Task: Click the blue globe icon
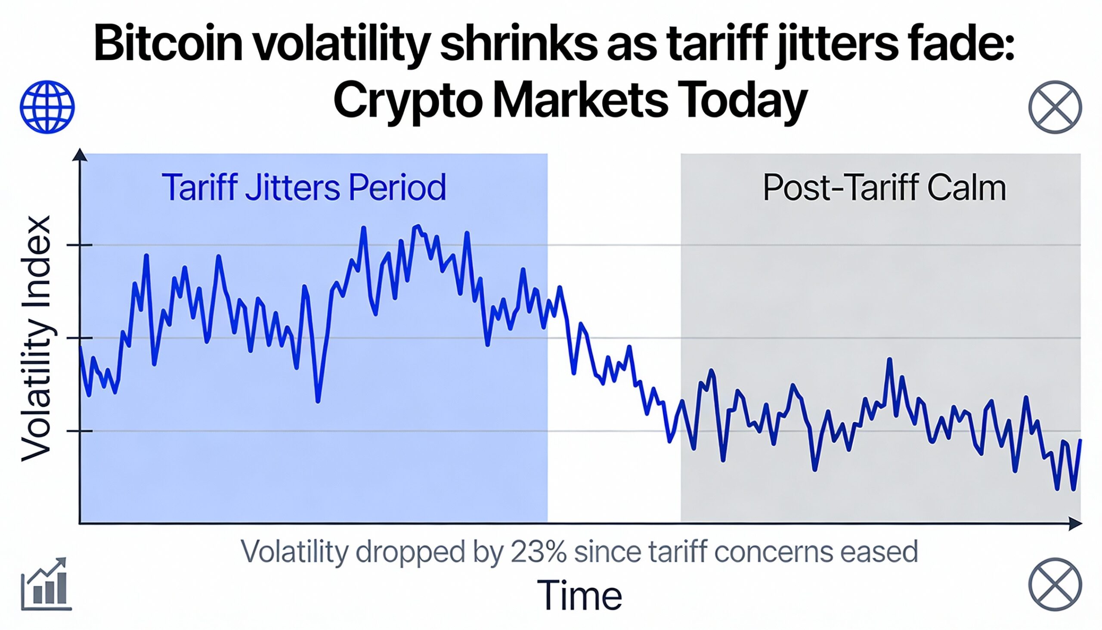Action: (47, 107)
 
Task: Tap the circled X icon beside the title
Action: (1055, 107)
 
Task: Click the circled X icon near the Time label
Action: (1055, 584)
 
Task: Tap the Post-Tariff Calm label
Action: (884, 188)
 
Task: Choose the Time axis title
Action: (579, 596)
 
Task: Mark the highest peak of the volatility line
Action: (418, 227)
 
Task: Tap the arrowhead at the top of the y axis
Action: (80, 154)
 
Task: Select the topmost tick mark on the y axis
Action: (80, 245)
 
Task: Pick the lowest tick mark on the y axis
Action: (80, 431)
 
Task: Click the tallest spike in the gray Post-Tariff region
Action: (890, 359)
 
